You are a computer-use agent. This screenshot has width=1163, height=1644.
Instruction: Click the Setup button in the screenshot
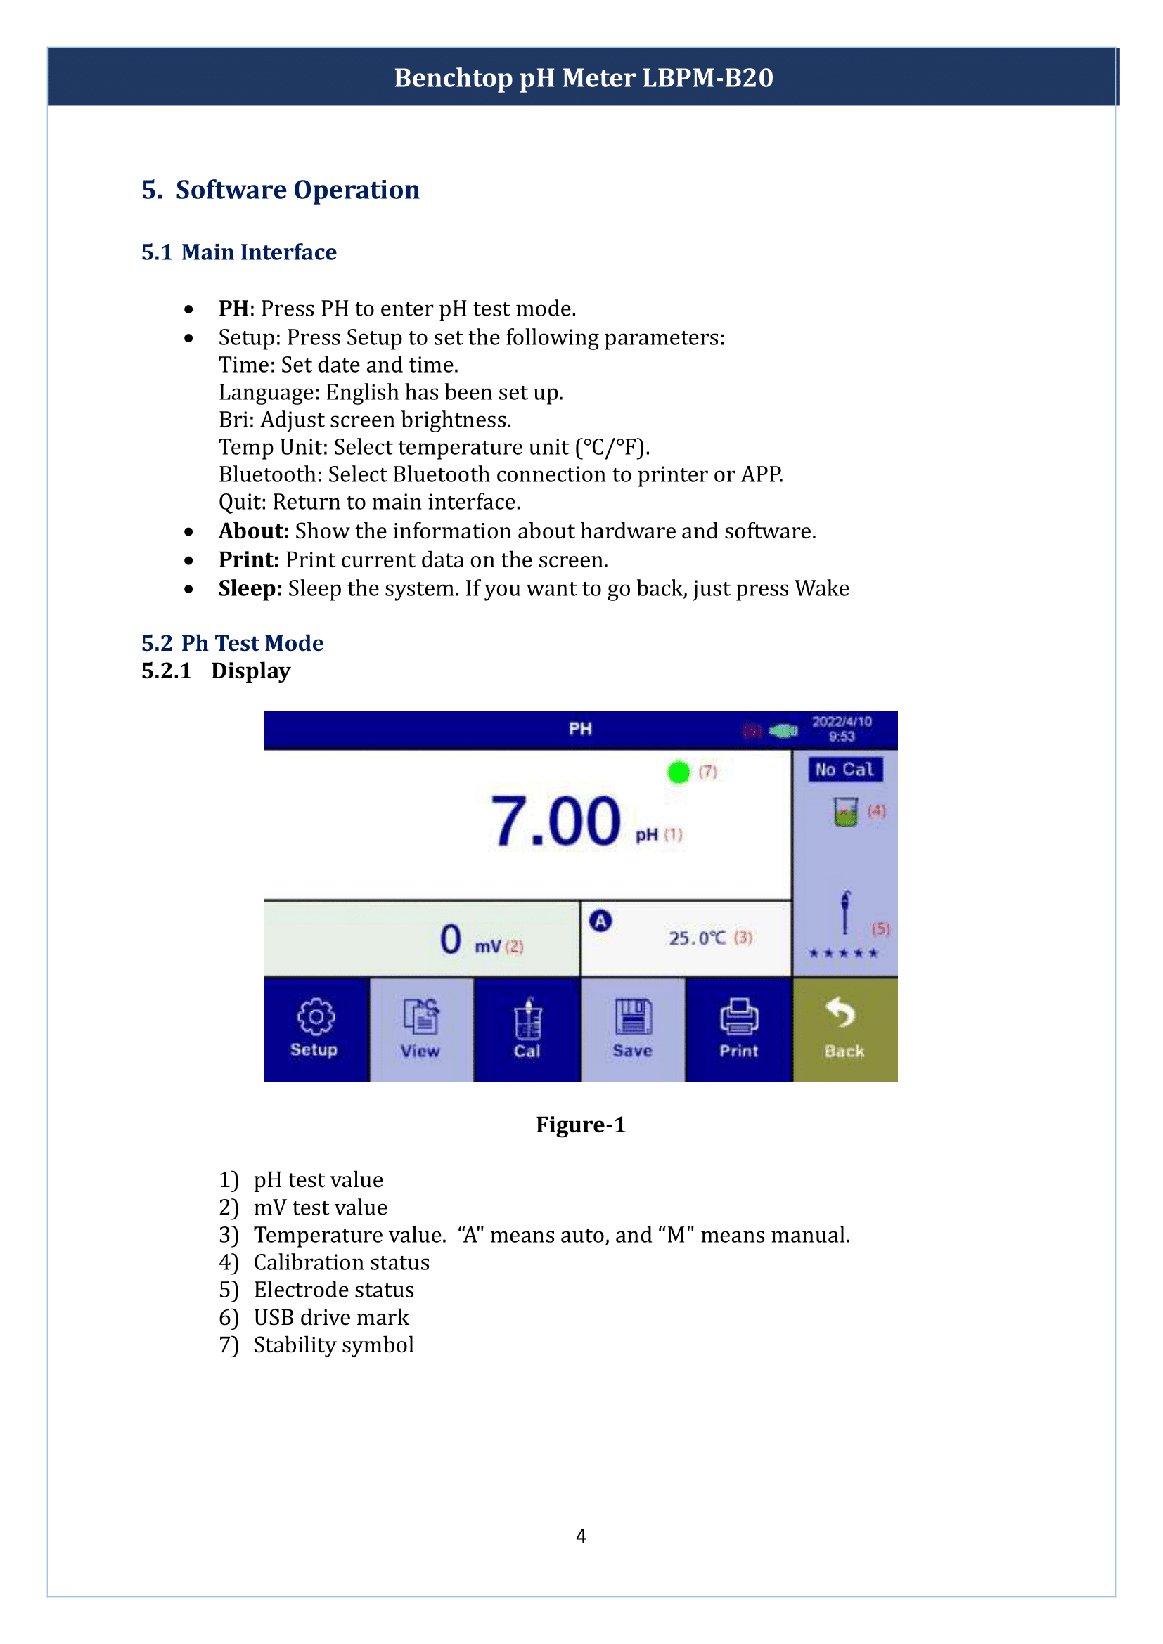click(316, 1029)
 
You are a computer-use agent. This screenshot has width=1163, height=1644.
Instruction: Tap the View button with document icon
click(420, 1029)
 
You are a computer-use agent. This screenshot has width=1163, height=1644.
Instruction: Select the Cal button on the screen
click(527, 1029)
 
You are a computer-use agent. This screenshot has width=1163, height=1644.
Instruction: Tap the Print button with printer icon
click(738, 1029)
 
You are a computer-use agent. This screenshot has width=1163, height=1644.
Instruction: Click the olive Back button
click(844, 1029)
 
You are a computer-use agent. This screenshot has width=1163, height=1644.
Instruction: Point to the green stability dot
click(677, 772)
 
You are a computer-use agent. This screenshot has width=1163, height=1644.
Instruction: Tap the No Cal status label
click(844, 770)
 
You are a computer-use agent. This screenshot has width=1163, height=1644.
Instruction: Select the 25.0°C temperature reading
click(697, 938)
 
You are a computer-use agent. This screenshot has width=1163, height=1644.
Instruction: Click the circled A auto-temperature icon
click(600, 921)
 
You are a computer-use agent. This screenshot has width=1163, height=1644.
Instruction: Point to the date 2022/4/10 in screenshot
click(842, 722)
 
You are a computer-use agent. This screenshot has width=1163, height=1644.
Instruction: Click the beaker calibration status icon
click(845, 812)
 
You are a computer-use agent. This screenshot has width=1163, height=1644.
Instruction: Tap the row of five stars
click(843, 953)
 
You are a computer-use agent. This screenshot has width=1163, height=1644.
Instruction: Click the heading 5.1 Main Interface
click(238, 252)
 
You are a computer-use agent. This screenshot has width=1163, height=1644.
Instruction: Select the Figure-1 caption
click(581, 1125)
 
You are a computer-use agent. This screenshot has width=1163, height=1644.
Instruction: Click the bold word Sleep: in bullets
click(250, 588)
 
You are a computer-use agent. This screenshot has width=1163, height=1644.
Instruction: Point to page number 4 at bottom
click(581, 1536)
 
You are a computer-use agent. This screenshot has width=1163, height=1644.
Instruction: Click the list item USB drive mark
click(331, 1317)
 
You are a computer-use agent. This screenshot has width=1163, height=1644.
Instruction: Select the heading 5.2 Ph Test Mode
click(232, 643)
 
